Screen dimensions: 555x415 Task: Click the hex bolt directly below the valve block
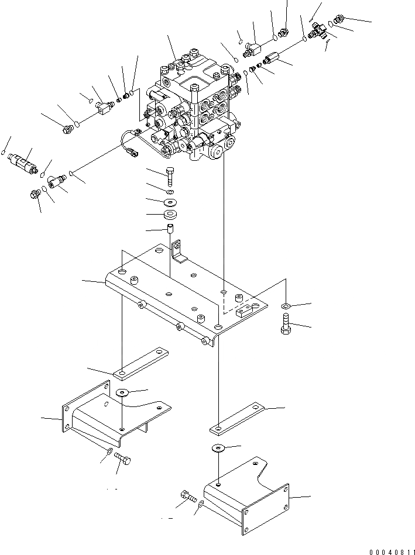pyautogui.click(x=170, y=175)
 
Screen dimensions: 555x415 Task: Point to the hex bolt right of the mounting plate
pyautogui.click(x=286, y=326)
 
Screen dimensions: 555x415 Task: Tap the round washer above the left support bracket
pyautogui.click(x=124, y=392)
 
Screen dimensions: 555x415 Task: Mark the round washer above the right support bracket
pyautogui.click(x=219, y=448)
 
